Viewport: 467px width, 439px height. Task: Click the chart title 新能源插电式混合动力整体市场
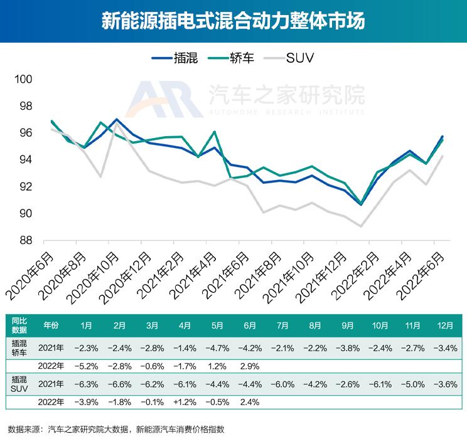coord(233,21)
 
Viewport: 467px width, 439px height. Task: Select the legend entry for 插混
coord(175,58)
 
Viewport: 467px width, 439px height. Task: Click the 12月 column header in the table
coord(446,326)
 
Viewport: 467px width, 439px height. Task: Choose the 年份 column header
coord(51,326)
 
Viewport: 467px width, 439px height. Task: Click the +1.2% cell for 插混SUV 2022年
coord(185,401)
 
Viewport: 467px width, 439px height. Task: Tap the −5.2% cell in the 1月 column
coord(86,365)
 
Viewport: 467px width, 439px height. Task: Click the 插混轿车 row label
coord(19,347)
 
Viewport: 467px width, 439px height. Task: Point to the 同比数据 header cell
coord(19,326)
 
